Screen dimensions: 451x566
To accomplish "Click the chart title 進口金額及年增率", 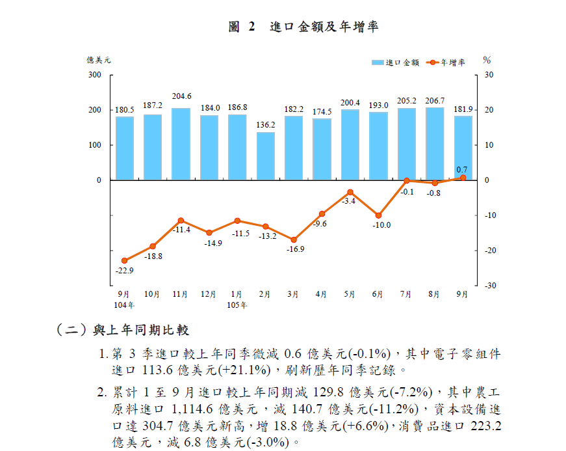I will click(324, 27).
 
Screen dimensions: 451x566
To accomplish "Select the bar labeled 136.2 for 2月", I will click(265, 156).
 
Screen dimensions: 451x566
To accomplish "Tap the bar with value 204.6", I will click(181, 144).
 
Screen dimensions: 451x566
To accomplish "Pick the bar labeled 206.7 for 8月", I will click(435, 144).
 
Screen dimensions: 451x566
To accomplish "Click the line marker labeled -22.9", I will click(124, 260).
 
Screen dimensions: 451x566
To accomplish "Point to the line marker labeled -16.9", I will click(294, 239).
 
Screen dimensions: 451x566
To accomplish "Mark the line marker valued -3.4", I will click(350, 192).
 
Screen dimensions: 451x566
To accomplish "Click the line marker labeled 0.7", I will click(463, 177).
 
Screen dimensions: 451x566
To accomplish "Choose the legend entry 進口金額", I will click(396, 62).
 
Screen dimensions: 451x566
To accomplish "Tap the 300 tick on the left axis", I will click(96, 75).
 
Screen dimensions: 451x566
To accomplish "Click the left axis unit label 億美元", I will click(99, 60).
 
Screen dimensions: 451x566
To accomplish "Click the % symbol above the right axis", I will click(487, 60).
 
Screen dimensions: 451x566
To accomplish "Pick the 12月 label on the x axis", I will click(209, 294).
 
